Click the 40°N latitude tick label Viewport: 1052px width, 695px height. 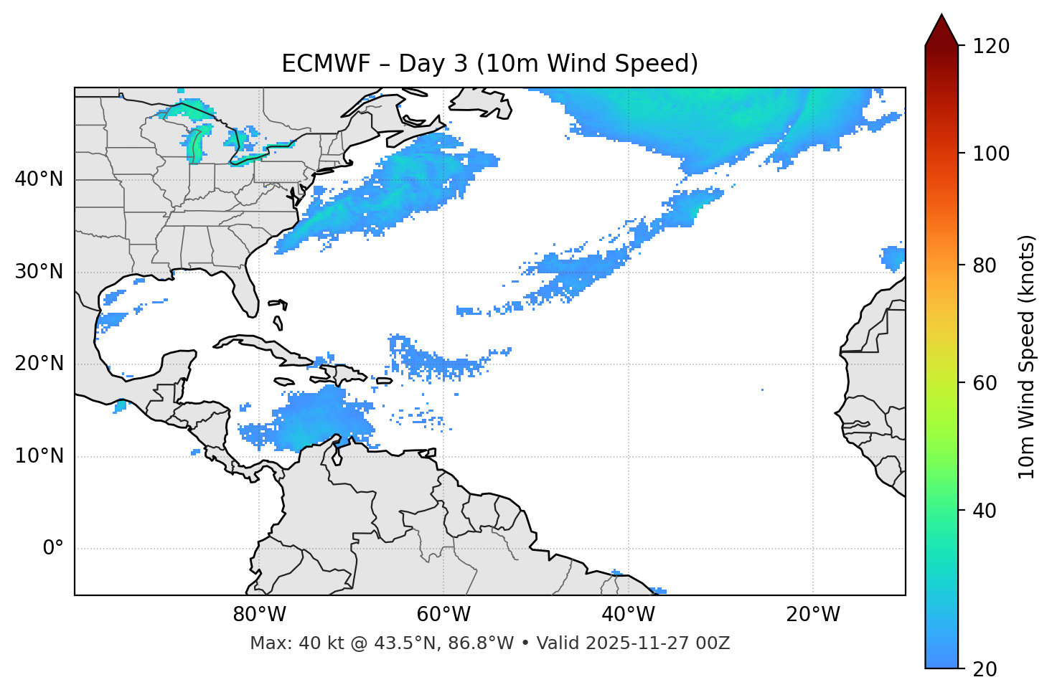click(x=39, y=179)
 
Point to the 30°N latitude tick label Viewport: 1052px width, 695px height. click(x=39, y=272)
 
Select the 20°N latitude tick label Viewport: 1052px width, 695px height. click(x=39, y=364)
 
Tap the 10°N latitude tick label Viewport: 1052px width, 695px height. click(x=39, y=456)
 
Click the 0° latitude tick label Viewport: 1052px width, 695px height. click(x=53, y=549)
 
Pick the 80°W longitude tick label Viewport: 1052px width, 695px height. click(x=259, y=615)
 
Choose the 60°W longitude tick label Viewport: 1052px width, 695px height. click(x=443, y=615)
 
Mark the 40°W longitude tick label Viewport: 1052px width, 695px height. click(x=628, y=615)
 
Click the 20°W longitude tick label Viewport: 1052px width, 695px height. click(x=812, y=615)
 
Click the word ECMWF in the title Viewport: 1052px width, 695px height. click(x=315, y=64)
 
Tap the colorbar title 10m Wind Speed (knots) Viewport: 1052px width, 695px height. click(x=1027, y=357)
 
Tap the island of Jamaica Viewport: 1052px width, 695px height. click(x=284, y=382)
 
